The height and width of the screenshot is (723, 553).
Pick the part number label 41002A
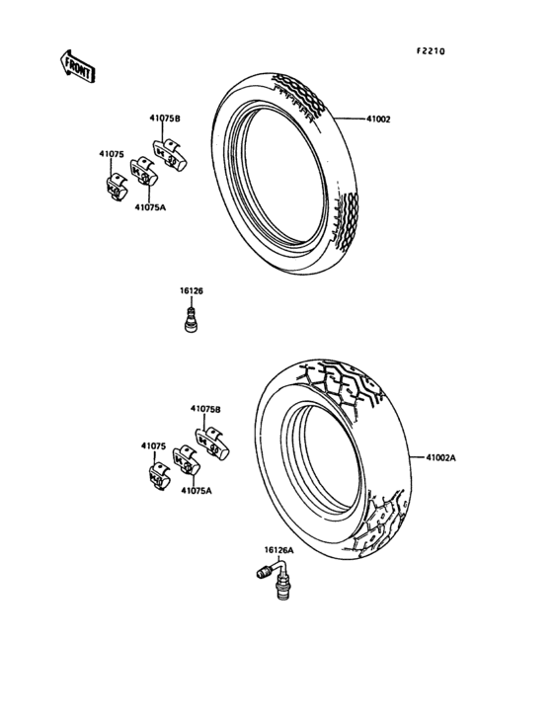pyautogui.click(x=441, y=457)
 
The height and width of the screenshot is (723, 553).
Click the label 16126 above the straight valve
pyautogui.click(x=191, y=290)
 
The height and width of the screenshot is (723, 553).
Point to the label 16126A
pyautogui.click(x=277, y=550)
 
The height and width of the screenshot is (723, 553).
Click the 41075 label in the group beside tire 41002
pyautogui.click(x=111, y=154)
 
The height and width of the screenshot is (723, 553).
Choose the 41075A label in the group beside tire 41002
pyautogui.click(x=151, y=207)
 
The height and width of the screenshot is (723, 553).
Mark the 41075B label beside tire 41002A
pyautogui.click(x=205, y=408)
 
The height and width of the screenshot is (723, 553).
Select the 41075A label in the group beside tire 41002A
pyautogui.click(x=197, y=490)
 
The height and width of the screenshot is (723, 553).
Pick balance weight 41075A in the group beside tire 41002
pyautogui.click(x=143, y=175)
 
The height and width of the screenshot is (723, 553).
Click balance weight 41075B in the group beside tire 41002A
pyautogui.click(x=214, y=442)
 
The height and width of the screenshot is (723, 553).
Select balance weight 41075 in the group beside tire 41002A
pyautogui.click(x=158, y=473)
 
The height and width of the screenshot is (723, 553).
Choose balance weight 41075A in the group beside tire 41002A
pyautogui.click(x=187, y=461)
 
